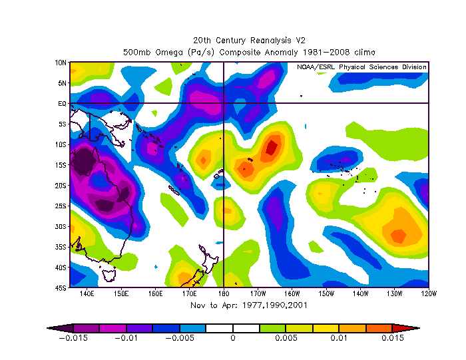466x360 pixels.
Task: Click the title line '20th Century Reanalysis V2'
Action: (x=248, y=40)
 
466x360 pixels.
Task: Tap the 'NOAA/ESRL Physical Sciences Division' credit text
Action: (x=362, y=67)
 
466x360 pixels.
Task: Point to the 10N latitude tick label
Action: (x=61, y=63)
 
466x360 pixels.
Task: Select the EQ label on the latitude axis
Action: (x=62, y=104)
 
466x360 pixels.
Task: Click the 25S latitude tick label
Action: (x=61, y=206)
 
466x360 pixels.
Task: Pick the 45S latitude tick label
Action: (x=61, y=288)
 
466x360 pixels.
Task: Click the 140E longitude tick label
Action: (x=87, y=293)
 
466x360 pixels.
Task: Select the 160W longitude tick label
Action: (x=292, y=293)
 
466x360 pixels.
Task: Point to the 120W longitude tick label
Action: (x=428, y=293)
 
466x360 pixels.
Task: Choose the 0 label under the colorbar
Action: (x=233, y=337)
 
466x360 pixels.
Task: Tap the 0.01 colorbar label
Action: (x=340, y=337)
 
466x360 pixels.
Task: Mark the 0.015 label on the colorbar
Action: (x=393, y=337)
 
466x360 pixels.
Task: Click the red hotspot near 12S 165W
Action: (x=272, y=146)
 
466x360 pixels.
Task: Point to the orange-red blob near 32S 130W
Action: (x=397, y=235)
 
